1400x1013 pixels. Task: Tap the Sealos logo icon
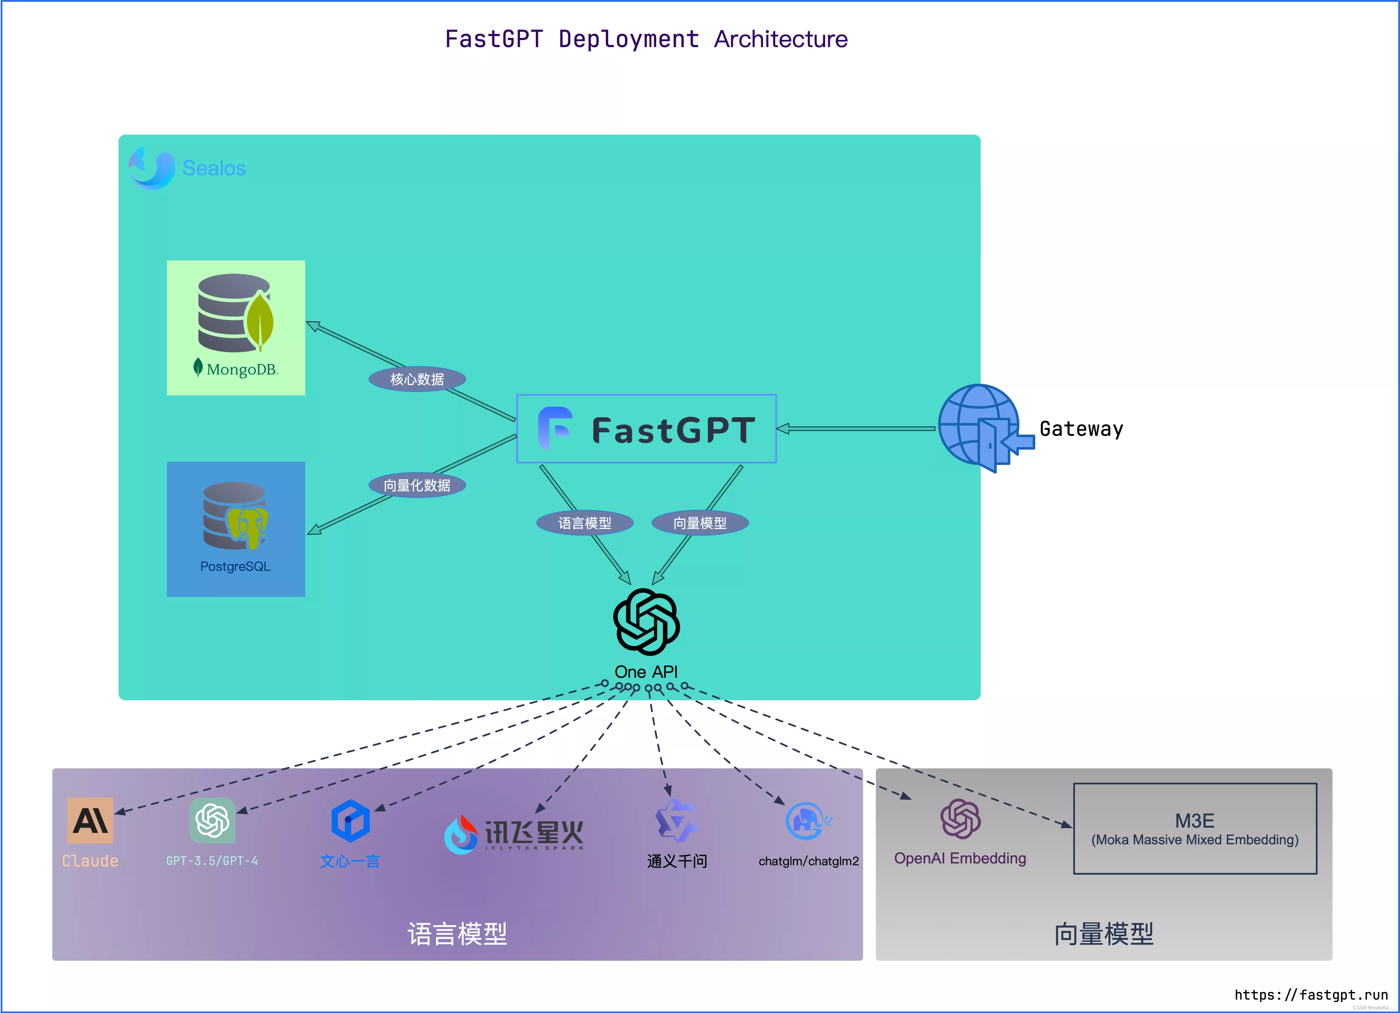(x=151, y=168)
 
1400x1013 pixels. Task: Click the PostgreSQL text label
(x=235, y=566)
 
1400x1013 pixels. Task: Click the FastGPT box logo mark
(x=555, y=428)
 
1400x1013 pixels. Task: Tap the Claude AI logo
(x=90, y=821)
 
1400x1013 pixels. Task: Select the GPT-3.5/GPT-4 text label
(x=212, y=861)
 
